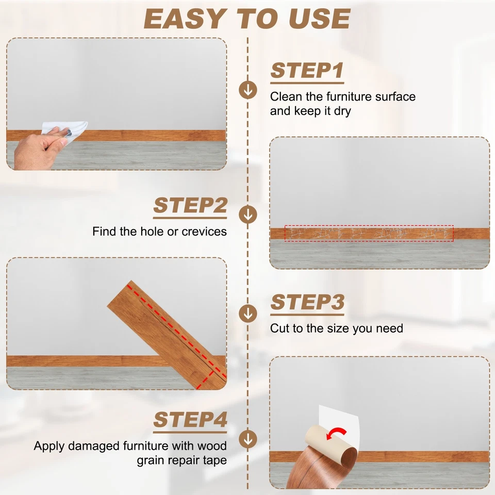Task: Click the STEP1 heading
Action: coord(307,71)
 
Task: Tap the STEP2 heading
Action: coord(190,206)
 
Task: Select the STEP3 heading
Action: coord(307,302)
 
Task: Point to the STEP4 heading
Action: coord(190,420)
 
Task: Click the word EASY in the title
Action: coord(185,19)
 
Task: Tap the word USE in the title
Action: coord(319,19)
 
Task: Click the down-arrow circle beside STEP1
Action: coord(248,90)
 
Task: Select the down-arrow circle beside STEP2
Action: coord(248,214)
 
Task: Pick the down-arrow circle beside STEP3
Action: coord(248,313)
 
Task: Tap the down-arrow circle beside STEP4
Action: coord(248,439)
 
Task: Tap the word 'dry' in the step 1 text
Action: coord(342,111)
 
